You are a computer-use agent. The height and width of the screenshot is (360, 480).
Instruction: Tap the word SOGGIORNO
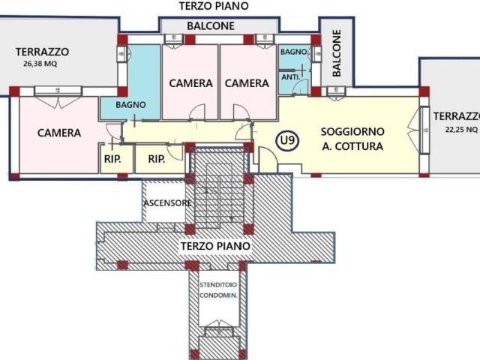tap(352, 130)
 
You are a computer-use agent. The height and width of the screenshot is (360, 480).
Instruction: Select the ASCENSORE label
tap(166, 203)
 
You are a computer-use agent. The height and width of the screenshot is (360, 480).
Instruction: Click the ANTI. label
tap(291, 76)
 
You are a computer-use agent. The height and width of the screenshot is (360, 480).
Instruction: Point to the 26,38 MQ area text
tap(40, 64)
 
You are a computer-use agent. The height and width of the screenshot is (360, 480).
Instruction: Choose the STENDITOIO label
tap(218, 285)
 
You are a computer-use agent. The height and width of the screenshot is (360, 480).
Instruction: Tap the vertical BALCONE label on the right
tap(337, 53)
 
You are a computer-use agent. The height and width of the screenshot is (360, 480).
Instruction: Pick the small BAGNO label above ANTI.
tap(291, 52)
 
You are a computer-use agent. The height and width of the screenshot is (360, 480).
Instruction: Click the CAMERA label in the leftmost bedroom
tap(59, 133)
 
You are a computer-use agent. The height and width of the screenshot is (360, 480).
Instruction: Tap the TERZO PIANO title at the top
tap(214, 6)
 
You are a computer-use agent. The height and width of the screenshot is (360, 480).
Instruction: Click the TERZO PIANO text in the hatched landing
tap(214, 246)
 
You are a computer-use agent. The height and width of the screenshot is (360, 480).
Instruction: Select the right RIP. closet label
tap(157, 159)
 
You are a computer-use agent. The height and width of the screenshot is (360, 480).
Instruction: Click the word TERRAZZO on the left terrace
tap(43, 52)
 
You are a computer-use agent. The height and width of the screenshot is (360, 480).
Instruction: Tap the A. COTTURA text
tap(352, 146)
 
